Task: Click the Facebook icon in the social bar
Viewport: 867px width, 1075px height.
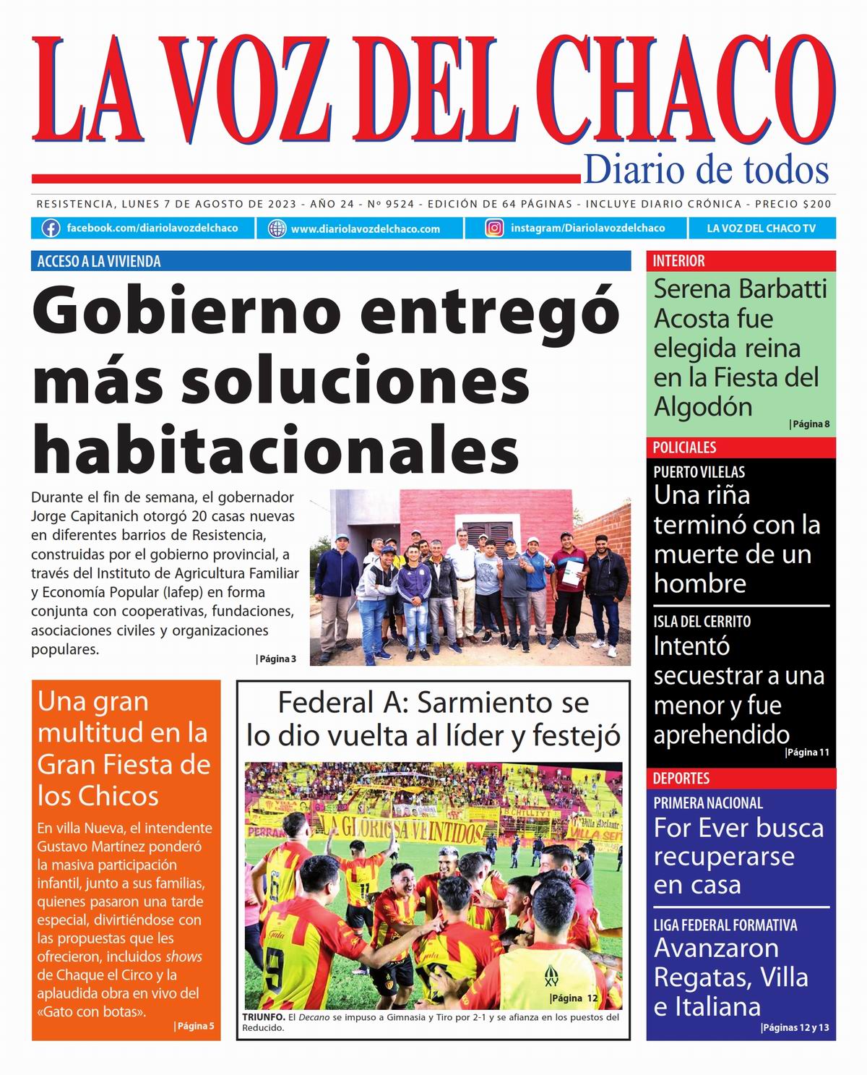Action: click(51, 228)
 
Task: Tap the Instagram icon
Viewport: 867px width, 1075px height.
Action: click(494, 228)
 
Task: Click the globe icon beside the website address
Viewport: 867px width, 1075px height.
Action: click(277, 229)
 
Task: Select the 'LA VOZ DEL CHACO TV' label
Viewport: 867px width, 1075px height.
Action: click(761, 228)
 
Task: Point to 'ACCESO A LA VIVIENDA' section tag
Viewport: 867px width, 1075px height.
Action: click(99, 261)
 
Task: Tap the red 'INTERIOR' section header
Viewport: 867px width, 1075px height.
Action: click(678, 261)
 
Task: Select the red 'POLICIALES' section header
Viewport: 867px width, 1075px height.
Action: click(684, 447)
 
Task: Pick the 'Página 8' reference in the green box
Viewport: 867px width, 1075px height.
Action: click(811, 424)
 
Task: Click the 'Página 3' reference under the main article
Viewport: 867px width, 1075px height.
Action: click(277, 659)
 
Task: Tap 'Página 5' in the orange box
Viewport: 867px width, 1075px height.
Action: click(195, 1026)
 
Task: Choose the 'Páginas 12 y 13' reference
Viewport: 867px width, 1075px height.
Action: click(795, 1028)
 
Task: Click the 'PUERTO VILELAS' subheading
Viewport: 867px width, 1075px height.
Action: click(699, 472)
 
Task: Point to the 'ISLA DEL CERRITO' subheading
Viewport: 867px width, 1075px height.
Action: click(702, 622)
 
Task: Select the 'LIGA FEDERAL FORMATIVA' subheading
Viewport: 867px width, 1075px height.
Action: click(725, 925)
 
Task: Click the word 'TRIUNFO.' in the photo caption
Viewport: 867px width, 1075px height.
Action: click(264, 1017)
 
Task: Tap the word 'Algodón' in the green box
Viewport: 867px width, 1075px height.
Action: click(703, 408)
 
